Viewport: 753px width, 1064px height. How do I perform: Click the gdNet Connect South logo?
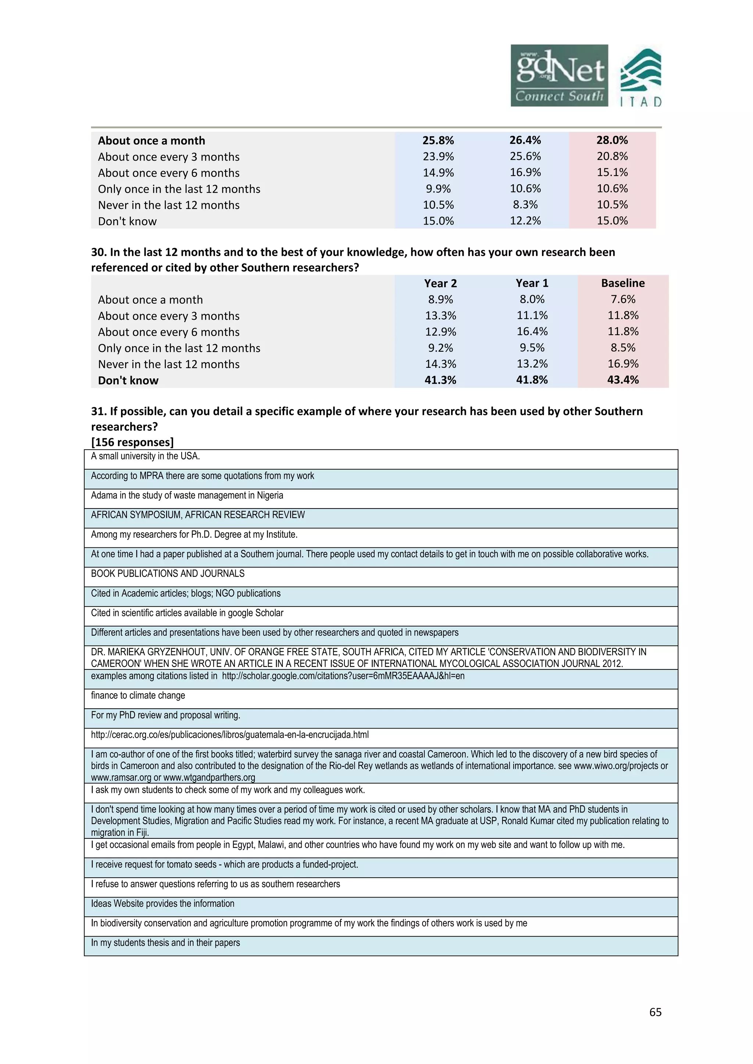[559, 76]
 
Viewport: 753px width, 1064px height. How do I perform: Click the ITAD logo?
[641, 78]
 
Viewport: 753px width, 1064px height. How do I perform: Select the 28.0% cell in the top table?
[612, 140]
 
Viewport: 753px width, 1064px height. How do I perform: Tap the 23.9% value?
[438, 157]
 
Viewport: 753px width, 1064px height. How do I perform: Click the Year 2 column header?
[440, 283]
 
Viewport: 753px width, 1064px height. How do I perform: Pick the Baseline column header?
[623, 283]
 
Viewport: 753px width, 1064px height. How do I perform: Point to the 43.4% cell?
[623, 380]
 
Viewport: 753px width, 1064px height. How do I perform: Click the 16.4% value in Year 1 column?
[532, 332]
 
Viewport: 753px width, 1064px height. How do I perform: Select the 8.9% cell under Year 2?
[440, 299]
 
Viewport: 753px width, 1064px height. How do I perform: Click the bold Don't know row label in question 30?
[128, 381]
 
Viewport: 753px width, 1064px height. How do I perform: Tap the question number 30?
[98, 252]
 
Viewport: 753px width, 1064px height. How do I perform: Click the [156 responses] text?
[132, 442]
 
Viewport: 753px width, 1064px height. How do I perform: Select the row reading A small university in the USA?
[145, 456]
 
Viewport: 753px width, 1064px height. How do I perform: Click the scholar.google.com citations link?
[343, 676]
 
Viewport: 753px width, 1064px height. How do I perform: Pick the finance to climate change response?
[138, 695]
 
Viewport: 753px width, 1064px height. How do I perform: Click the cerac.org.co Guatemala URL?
[229, 735]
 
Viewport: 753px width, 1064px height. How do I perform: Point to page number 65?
[655, 1012]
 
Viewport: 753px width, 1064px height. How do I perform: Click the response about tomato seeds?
[224, 865]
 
